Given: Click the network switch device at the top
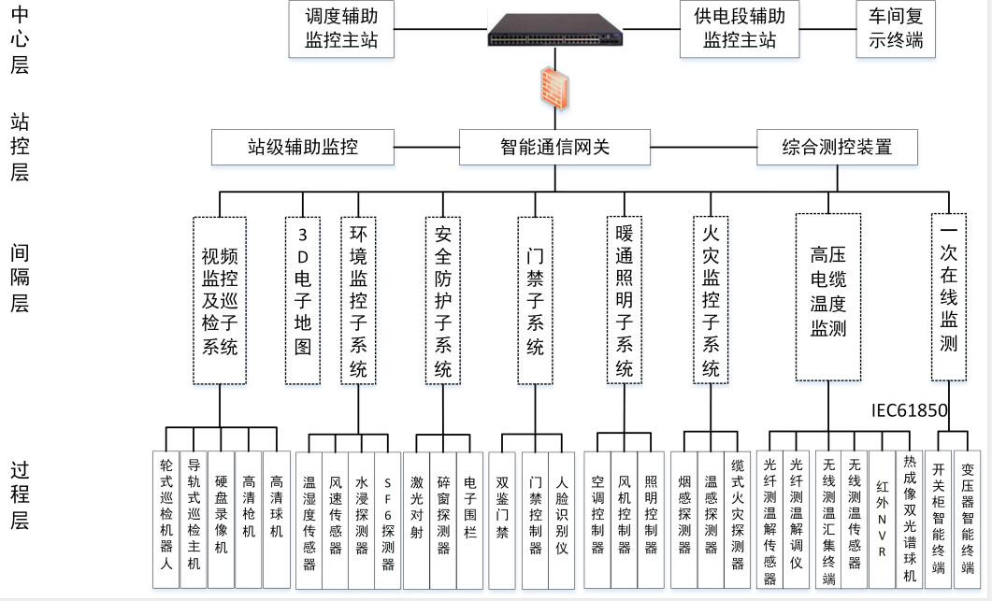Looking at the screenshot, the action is (x=554, y=30).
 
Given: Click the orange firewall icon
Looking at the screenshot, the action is (x=554, y=88).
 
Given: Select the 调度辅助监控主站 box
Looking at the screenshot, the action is (x=341, y=29).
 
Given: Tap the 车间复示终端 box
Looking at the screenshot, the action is (x=895, y=29).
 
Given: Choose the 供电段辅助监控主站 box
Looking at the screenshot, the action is (x=740, y=29).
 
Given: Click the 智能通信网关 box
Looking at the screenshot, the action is (x=554, y=148).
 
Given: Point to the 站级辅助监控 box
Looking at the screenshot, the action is (x=302, y=148).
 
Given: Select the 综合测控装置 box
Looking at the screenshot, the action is (x=837, y=148).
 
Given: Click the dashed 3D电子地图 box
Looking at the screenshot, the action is (x=302, y=301).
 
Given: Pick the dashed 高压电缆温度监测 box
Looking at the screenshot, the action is (x=828, y=296).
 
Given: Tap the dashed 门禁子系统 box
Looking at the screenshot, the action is (x=535, y=301).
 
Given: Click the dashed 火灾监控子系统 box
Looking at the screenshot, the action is (x=712, y=301).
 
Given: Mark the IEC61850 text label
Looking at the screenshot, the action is (x=909, y=410).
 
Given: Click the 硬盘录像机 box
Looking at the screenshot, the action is (x=221, y=520).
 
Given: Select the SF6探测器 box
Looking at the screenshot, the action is (x=388, y=520).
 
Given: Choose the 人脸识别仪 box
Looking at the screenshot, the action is (x=562, y=520).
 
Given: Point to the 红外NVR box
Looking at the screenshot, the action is (x=882, y=520).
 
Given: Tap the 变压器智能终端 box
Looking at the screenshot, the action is (x=968, y=520).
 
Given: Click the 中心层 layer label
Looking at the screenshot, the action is (x=19, y=39).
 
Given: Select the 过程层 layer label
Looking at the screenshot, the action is (x=19, y=495).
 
